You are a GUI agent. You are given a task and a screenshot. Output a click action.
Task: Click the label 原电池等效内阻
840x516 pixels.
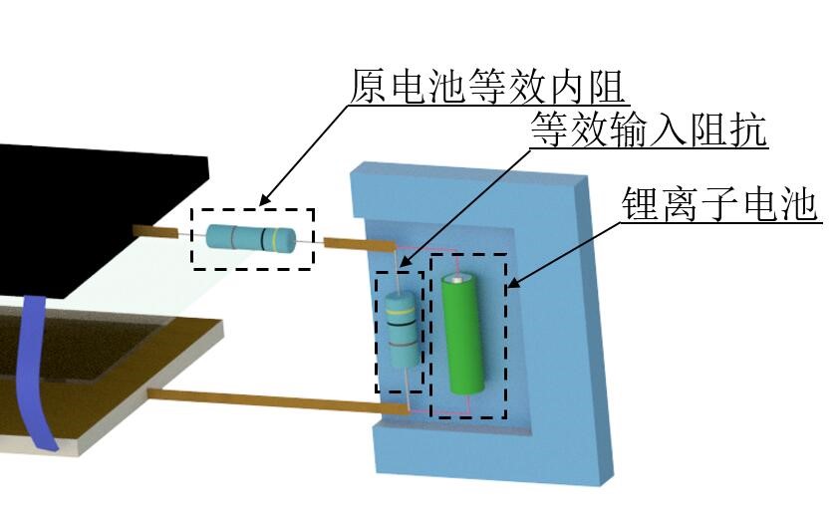487,88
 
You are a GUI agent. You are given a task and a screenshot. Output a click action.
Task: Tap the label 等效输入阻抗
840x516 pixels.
649,130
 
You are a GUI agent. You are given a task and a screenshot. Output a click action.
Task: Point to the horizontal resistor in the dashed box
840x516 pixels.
251,238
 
